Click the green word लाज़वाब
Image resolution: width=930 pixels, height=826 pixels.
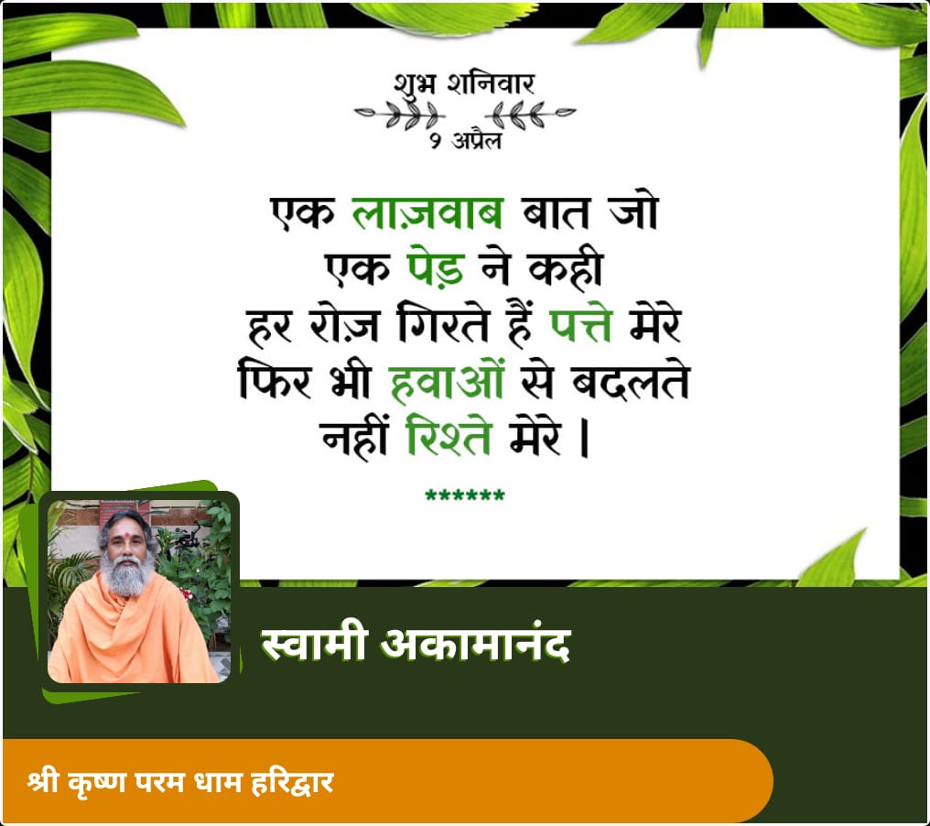[427, 212]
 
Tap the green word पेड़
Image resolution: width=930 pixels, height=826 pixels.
[436, 268]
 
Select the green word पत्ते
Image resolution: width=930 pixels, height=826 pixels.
[580, 323]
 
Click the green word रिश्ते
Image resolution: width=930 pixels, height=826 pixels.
[449, 436]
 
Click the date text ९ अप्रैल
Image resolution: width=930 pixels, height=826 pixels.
[466, 140]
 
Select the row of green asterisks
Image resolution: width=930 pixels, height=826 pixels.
[465, 495]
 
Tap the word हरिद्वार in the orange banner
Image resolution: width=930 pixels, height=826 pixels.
[292, 782]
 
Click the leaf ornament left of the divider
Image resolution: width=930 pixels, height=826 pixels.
[400, 114]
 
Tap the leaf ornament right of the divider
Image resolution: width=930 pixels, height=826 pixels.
[530, 114]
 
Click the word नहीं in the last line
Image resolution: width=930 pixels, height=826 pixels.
[354, 437]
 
